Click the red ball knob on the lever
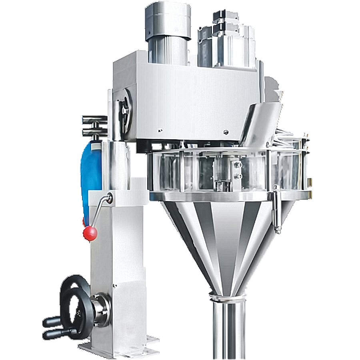coord(90,233)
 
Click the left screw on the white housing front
coord(160,130)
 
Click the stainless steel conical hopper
coord(224,240)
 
